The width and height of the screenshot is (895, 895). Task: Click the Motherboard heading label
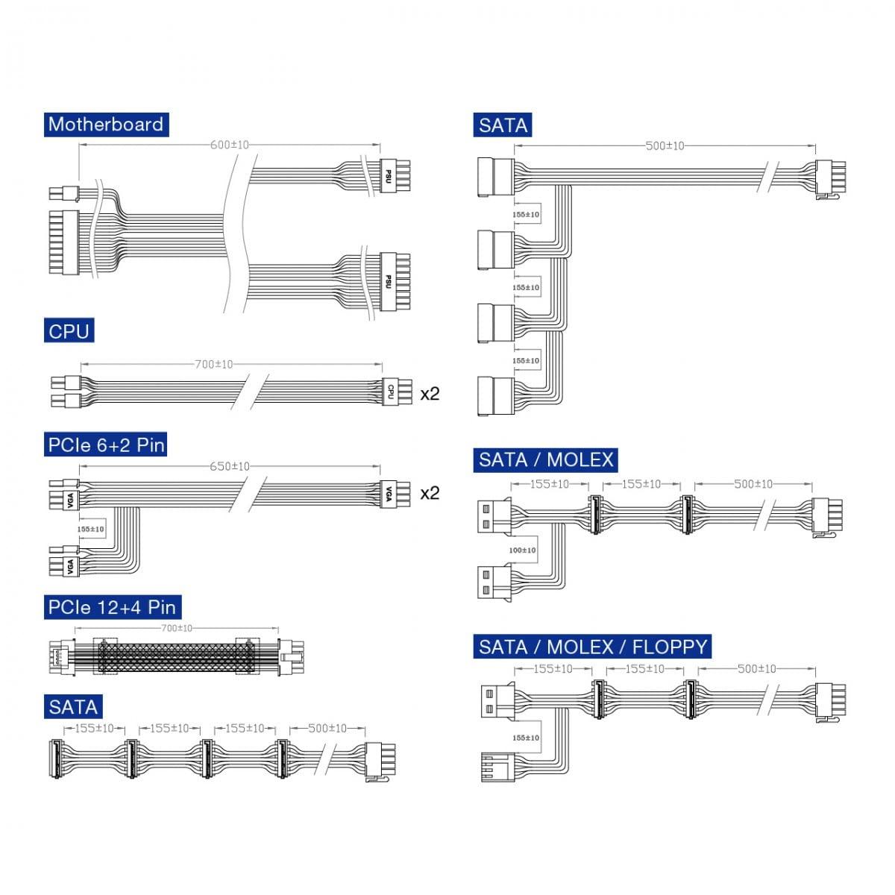[x=105, y=124]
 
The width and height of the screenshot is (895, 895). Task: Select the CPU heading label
[x=69, y=330]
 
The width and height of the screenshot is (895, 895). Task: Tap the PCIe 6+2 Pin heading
[x=105, y=445]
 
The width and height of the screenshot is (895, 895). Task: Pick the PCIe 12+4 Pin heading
[x=113, y=607]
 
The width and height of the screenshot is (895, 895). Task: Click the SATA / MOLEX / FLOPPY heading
[x=593, y=646]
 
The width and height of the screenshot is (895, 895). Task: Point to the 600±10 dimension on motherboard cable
[x=230, y=145]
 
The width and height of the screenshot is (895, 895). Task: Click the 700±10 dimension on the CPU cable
[x=214, y=364]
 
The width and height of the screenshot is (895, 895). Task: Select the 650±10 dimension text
[x=230, y=466]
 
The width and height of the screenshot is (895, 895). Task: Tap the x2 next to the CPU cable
[x=430, y=393]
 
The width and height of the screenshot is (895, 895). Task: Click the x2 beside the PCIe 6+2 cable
[x=430, y=493]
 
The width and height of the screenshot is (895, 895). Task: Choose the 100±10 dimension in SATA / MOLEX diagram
[x=523, y=550]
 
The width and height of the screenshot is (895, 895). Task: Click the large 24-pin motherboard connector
[x=62, y=243]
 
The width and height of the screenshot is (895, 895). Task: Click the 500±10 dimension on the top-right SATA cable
[x=664, y=146]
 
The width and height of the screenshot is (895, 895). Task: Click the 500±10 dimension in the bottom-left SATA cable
[x=327, y=728]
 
